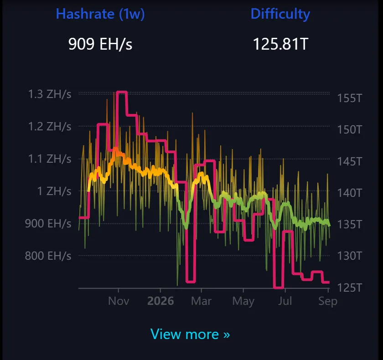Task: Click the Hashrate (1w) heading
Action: (100, 14)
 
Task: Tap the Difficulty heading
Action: (280, 14)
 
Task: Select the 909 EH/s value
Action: (100, 44)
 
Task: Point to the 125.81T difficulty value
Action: (280, 44)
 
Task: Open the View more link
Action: (190, 334)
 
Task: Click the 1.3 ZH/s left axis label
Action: (50, 94)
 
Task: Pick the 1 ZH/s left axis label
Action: (54, 191)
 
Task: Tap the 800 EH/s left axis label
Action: (48, 256)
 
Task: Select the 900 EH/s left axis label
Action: (48, 224)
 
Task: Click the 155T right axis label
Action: (349, 98)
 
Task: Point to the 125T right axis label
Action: (349, 288)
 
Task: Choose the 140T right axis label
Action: (349, 193)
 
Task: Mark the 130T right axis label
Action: (349, 256)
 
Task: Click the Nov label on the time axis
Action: (119, 301)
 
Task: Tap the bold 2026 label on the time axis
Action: (160, 301)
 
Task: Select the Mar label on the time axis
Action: (201, 301)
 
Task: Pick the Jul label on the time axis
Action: (285, 301)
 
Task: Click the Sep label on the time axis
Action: (328, 301)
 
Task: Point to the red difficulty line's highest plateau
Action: (122, 92)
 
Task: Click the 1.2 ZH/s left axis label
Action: (50, 126)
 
